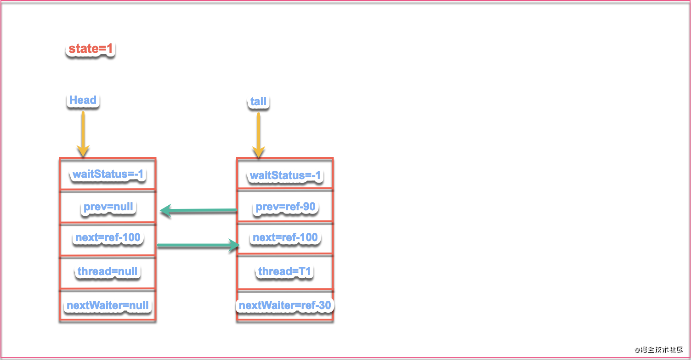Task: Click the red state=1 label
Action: [x=91, y=49]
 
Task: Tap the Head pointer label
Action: [x=83, y=100]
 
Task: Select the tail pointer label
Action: [x=258, y=101]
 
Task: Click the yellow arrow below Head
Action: [x=83, y=134]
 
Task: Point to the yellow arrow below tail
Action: [x=259, y=135]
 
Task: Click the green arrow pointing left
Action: [x=198, y=210]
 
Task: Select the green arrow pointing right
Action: [x=198, y=245]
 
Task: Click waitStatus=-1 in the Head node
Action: [x=108, y=174]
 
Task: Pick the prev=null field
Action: [x=108, y=207]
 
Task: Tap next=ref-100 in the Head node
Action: [x=108, y=238]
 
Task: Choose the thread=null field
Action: [x=108, y=271]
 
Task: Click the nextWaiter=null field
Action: [x=108, y=305]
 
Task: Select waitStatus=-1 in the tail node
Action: [x=285, y=175]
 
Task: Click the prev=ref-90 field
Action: [x=285, y=207]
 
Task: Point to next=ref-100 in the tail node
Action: [x=285, y=238]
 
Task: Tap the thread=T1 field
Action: [x=284, y=271]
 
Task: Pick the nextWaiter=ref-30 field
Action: [x=285, y=305]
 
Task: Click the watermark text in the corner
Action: [x=659, y=349]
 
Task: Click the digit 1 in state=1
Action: [x=109, y=49]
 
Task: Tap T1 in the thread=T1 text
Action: [x=305, y=271]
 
